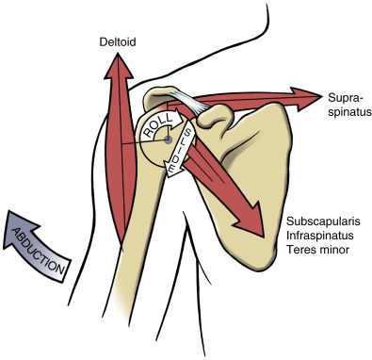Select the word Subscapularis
(x=317, y=222)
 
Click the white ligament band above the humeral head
(x=188, y=100)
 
